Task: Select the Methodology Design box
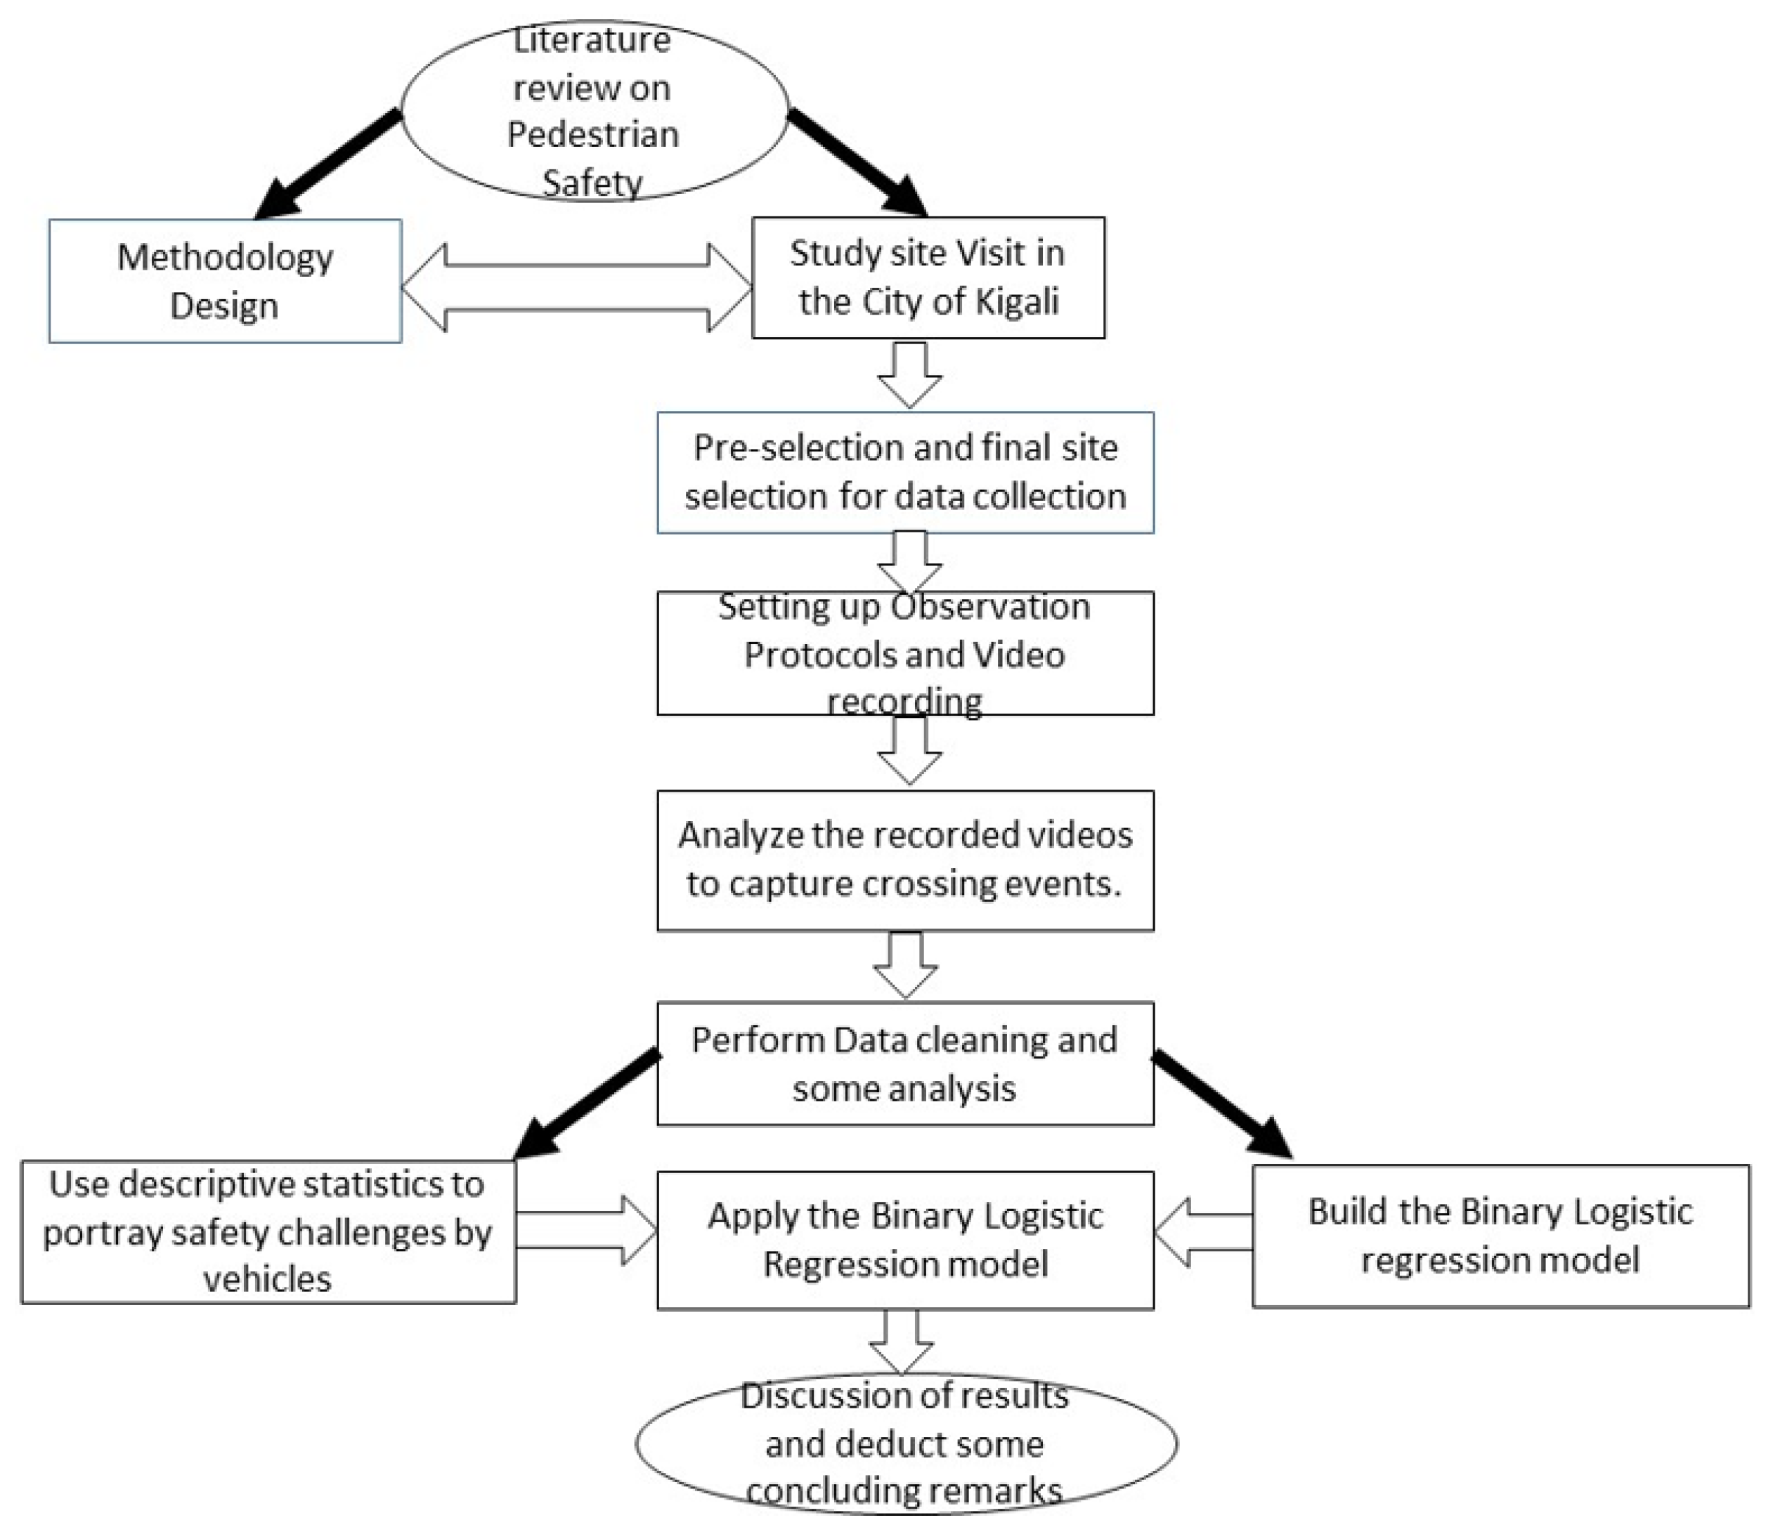coord(225,281)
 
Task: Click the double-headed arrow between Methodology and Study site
coord(576,288)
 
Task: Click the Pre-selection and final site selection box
coord(905,472)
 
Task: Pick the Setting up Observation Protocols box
coord(905,653)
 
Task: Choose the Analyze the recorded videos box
coord(905,860)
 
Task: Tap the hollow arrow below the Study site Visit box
coord(910,374)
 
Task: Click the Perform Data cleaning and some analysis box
coord(905,1063)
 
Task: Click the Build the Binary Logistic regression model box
coord(1500,1236)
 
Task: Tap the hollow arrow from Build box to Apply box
coord(1202,1233)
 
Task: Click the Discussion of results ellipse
coord(905,1443)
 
